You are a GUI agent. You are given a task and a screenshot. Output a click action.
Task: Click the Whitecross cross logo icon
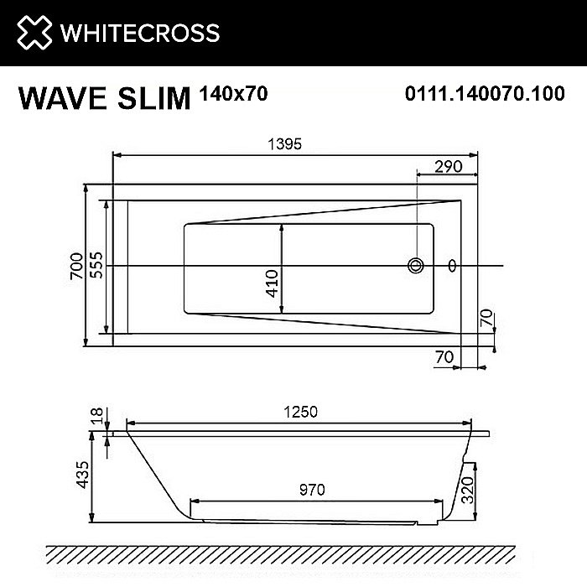34,32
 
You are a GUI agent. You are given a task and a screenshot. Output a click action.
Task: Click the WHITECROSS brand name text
140,33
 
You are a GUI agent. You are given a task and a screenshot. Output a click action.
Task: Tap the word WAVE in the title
63,98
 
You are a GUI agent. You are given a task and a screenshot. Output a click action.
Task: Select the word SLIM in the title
153,98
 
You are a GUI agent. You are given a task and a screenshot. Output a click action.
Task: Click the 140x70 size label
234,94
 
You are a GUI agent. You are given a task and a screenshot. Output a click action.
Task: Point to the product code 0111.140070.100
485,93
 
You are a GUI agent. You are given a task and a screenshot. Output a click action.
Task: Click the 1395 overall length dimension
284,144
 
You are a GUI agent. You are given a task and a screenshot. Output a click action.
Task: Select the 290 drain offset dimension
448,167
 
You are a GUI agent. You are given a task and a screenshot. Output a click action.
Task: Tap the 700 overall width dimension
77,266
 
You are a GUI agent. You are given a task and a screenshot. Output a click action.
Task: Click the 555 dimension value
96,265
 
